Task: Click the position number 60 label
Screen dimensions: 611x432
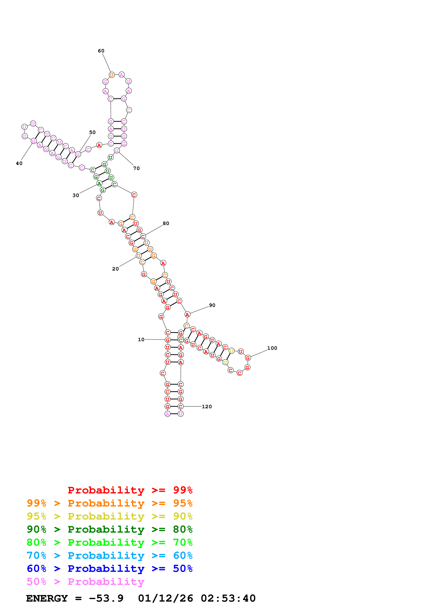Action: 101,51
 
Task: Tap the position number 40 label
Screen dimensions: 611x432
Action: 19,163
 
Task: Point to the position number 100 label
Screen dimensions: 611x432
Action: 272,348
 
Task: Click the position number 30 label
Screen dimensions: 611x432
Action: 76,195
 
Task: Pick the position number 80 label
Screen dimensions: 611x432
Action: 166,223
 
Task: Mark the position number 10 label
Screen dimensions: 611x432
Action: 141,340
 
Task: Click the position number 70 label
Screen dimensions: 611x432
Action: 136,168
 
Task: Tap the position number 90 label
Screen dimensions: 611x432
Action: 212,305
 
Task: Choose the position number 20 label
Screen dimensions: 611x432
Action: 115,269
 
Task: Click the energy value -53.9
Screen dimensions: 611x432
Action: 106,598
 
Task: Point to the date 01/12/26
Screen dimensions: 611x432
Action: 166,598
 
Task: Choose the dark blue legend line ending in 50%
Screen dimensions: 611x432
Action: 110,569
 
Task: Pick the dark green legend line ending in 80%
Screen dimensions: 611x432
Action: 110,529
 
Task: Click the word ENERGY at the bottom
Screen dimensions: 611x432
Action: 47,598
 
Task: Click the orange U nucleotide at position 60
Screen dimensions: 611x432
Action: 112,75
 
